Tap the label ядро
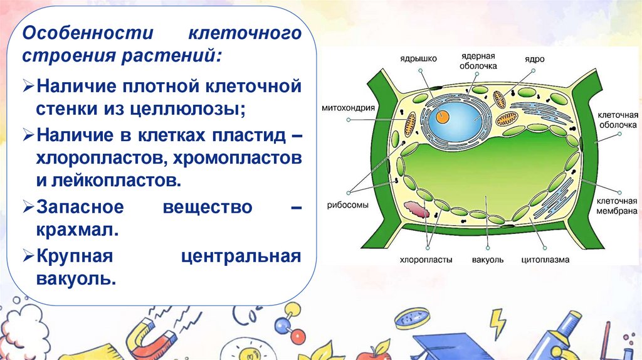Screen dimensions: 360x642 535,59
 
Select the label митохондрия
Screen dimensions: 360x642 350,107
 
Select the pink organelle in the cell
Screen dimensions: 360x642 417,209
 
